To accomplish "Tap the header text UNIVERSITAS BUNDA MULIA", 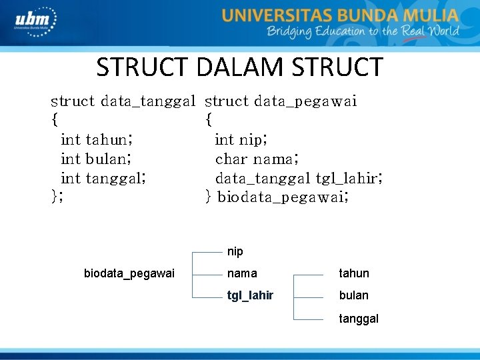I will tap(340, 15).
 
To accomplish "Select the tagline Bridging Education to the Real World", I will tap(363, 32).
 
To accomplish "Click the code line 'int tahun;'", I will tap(97, 139).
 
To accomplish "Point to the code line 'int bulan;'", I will tap(95, 159).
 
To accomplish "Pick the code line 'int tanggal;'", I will tap(103, 178).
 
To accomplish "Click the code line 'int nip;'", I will tap(241, 139).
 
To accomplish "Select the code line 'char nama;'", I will tap(257, 159).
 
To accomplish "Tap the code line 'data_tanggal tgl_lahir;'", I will tap(298, 178).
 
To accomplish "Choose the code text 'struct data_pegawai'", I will tap(281, 101).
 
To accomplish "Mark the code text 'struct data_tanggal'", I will tap(123, 101).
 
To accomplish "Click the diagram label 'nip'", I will tap(235, 252).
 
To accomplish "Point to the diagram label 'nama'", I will tap(242, 273).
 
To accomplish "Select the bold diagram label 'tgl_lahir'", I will tap(250, 295).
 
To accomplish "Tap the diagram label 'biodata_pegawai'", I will tap(129, 273).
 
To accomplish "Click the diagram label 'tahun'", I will tap(354, 273).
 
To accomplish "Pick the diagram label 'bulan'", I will tap(353, 295).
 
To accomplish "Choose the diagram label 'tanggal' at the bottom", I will tap(359, 319).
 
